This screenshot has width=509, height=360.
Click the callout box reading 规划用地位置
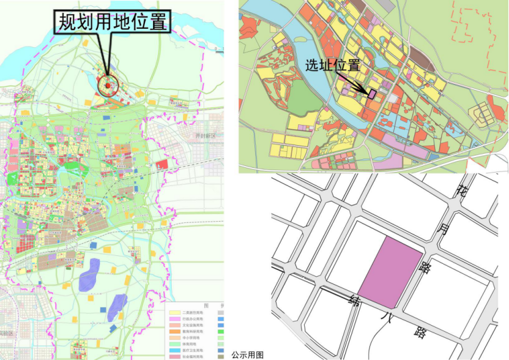point(113,23)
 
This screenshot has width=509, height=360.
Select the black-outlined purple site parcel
point(371,92)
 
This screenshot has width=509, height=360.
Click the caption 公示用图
point(247,354)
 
